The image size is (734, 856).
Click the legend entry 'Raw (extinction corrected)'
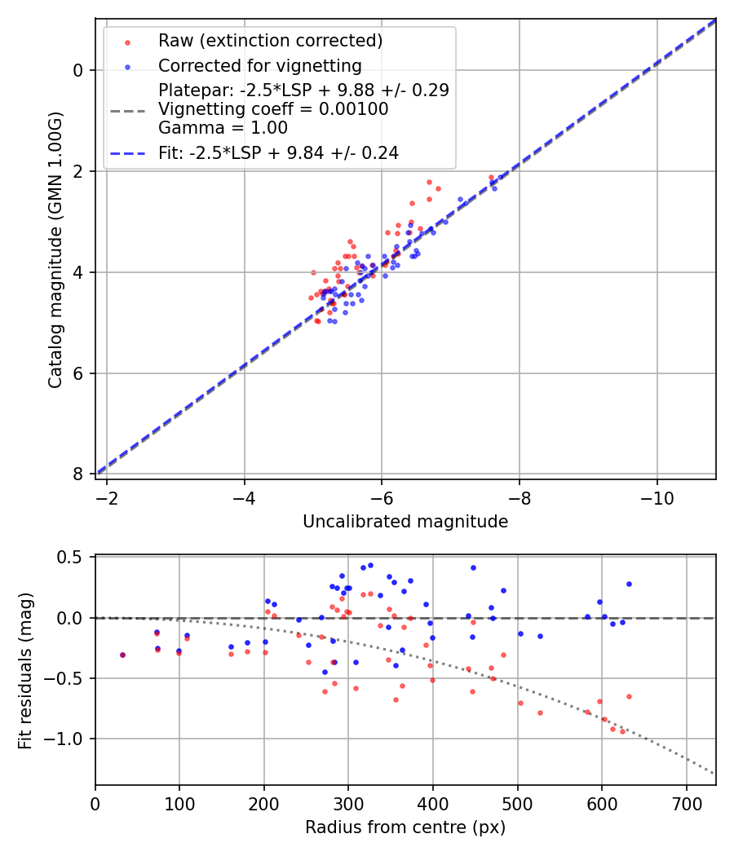pos(270,41)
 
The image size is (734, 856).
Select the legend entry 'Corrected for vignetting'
pos(259,65)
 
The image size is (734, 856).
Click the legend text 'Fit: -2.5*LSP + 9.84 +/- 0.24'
pos(278,152)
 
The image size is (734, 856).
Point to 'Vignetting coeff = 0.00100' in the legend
pos(273,108)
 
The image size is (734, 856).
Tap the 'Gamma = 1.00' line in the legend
pos(223,127)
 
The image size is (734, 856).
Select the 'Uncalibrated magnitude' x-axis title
pos(405,522)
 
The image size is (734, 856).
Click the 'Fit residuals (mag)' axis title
pos(24,670)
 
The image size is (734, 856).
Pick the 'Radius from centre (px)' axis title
pos(405,827)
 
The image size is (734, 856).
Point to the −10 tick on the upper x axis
pos(657,496)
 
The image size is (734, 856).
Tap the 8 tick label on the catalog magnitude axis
pos(78,474)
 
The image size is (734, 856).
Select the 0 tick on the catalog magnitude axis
pos(78,70)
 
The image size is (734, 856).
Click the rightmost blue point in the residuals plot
pos(629,584)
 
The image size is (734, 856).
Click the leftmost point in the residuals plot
pos(122,655)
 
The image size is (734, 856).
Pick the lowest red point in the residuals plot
pos(622,731)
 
